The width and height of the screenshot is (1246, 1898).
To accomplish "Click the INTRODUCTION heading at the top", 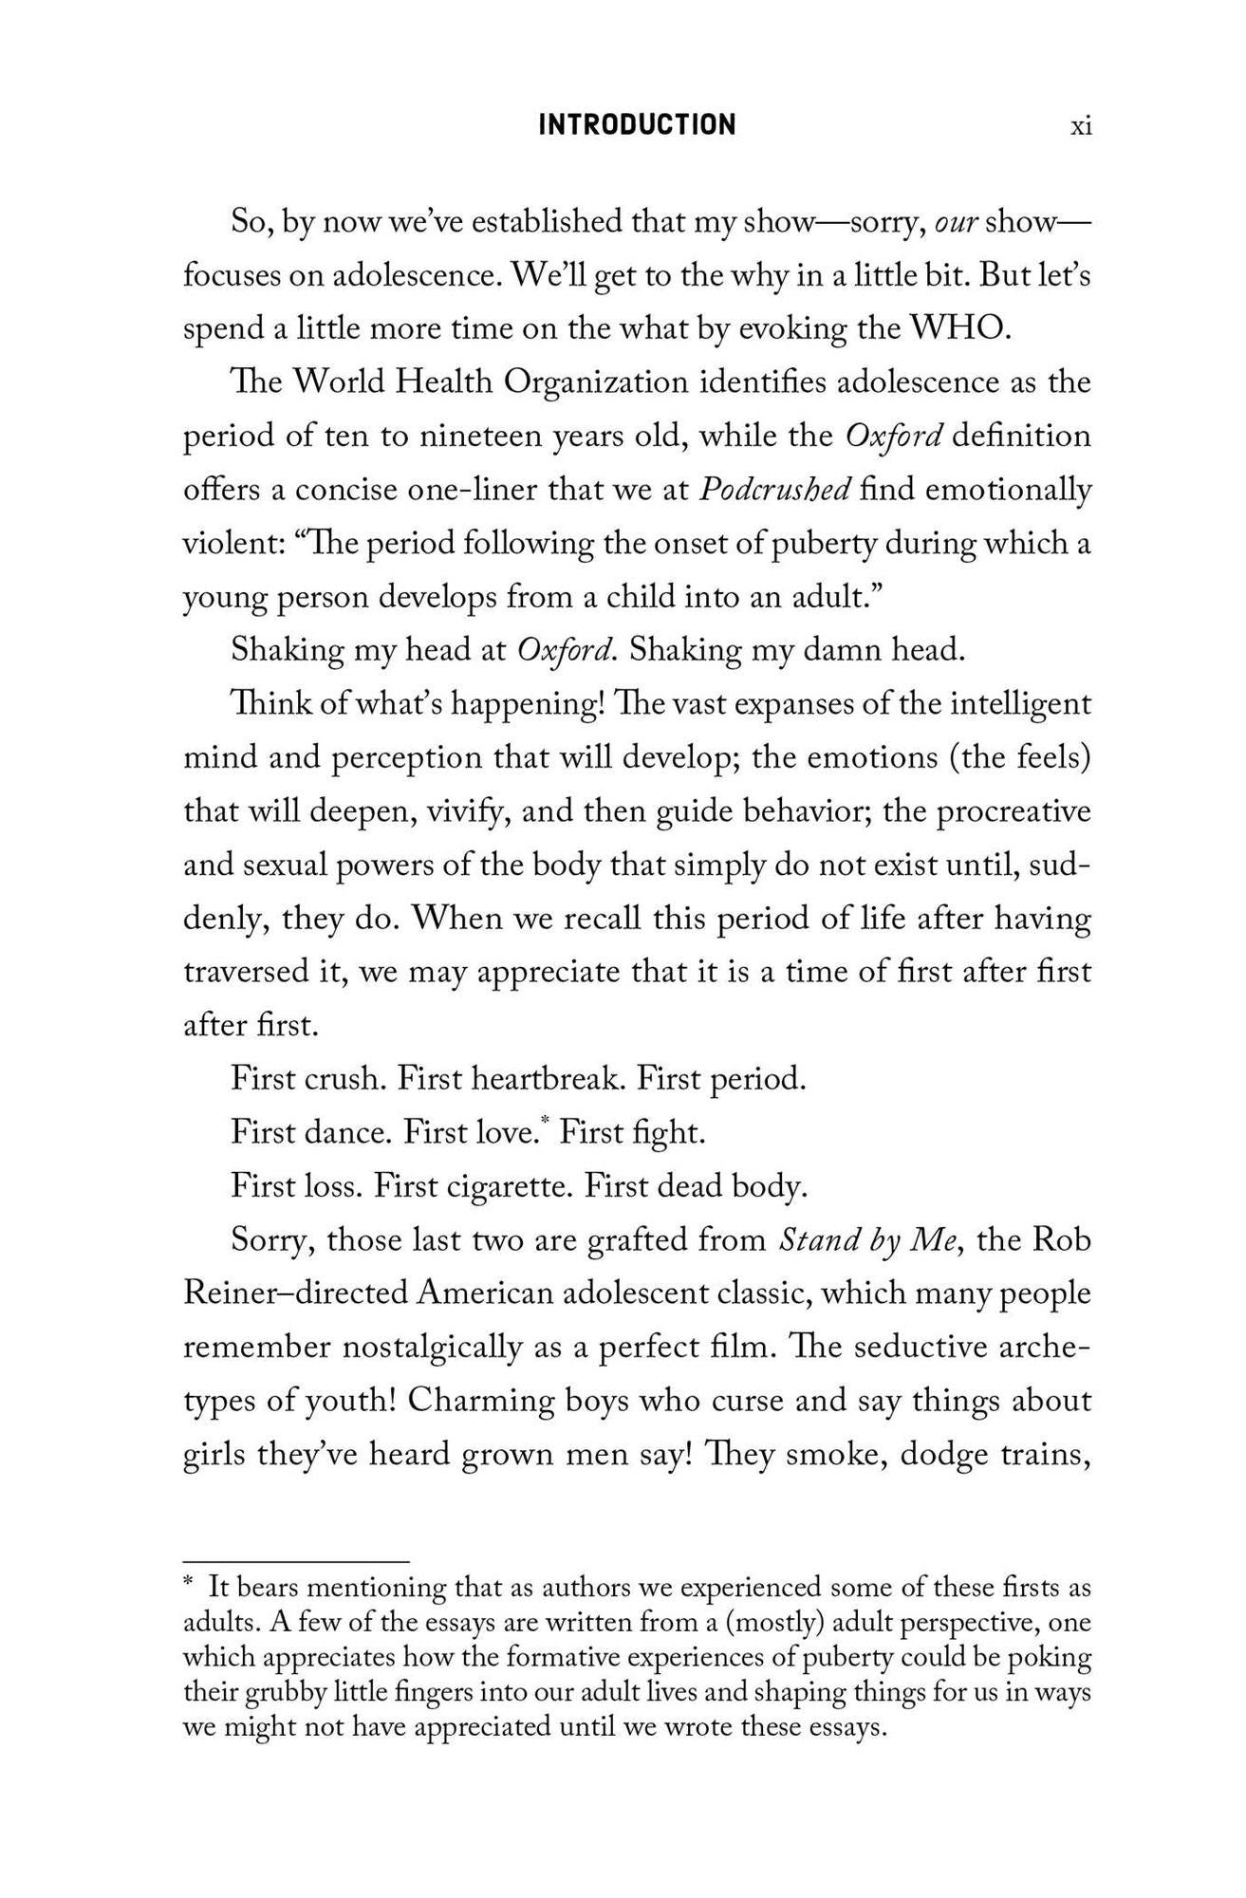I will pyautogui.click(x=637, y=125).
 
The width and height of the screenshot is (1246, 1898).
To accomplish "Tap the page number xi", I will pyautogui.click(x=1081, y=126).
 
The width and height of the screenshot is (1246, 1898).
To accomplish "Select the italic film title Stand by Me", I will pyautogui.click(x=865, y=1240).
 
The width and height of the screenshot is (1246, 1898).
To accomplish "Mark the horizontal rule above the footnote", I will pyautogui.click(x=295, y=1561).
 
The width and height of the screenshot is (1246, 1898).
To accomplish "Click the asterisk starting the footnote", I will pyautogui.click(x=189, y=1585).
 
